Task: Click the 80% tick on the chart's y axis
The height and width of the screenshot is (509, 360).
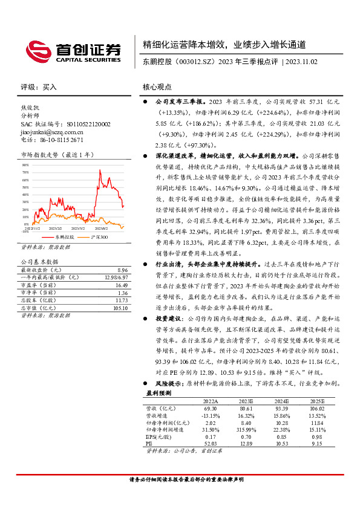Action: click(25, 164)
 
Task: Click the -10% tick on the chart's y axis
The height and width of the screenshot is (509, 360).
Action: click(25, 231)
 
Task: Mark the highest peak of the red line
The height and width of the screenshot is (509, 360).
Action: click(99, 171)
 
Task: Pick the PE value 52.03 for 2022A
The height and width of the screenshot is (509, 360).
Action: click(210, 443)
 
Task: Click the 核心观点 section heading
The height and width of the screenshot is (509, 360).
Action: click(157, 86)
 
